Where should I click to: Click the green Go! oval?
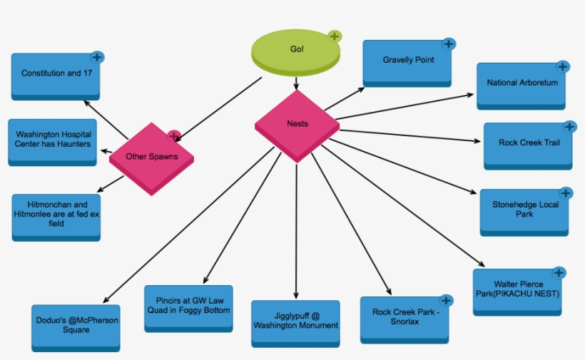pyautogui.click(x=295, y=50)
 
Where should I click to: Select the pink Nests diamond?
pyautogui.click(x=297, y=124)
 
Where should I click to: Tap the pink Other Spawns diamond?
pyautogui.click(x=151, y=157)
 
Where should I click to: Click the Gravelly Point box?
pyautogui.click(x=407, y=61)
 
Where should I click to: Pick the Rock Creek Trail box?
pyautogui.click(x=529, y=143)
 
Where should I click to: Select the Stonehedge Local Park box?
pyautogui.click(x=524, y=210)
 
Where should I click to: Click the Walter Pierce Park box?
pyautogui.click(x=517, y=289)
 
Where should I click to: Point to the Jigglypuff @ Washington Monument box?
pyautogui.click(x=295, y=322)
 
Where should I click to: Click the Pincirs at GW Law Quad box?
pyautogui.click(x=188, y=306)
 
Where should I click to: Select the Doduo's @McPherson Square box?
pyautogui.click(x=76, y=326)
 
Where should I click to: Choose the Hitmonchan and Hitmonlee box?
pyautogui.click(x=56, y=215)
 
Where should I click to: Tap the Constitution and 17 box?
pyautogui.click(x=56, y=74)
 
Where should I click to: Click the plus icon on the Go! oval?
pyautogui.click(x=335, y=36)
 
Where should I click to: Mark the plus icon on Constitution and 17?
pyautogui.click(x=98, y=56)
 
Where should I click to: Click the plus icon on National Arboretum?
pyautogui.click(x=562, y=67)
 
